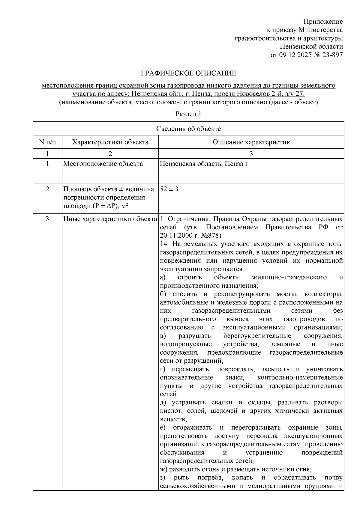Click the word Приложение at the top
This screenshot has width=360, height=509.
click(323, 22)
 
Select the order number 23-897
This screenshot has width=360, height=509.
click(332, 55)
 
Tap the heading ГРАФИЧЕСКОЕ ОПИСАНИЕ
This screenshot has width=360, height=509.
click(189, 73)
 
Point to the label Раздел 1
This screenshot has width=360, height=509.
click(188, 114)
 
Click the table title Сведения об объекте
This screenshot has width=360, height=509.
click(188, 129)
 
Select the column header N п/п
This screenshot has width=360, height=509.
click(47, 142)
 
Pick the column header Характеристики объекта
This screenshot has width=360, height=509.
click(110, 142)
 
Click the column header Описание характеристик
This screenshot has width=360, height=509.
click(251, 142)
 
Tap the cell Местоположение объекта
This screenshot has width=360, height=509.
click(103, 164)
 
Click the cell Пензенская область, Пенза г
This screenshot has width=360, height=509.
click(204, 164)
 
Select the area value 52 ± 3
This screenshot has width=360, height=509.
click(169, 189)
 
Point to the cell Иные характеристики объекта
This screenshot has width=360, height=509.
click(110, 219)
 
